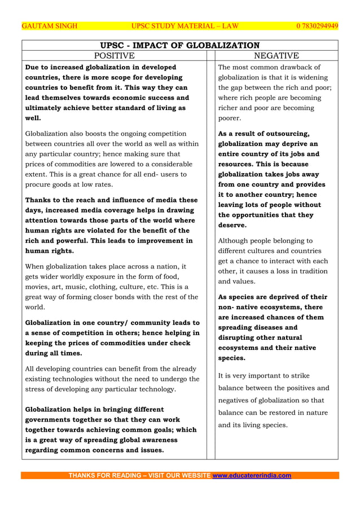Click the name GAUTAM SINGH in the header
pos(49,26)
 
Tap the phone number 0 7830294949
pos(317,26)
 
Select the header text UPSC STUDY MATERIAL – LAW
pos(185,26)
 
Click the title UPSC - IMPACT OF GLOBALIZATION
pos(179,45)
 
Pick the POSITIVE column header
pos(114,55)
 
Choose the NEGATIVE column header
pos(276,55)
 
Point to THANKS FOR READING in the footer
pos(104,475)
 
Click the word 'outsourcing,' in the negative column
pos(284,134)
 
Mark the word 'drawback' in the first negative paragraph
pos(290,67)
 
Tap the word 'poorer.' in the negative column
pos(230,118)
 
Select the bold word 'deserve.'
pos(232,225)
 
